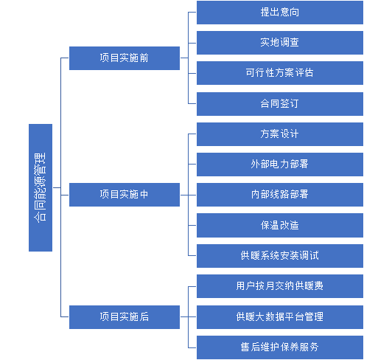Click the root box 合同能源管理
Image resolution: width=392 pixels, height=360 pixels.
click(41, 187)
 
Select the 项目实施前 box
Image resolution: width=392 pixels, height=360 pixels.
click(125, 58)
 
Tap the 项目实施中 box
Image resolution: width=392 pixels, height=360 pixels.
click(125, 195)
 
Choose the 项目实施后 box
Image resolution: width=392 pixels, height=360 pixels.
click(125, 317)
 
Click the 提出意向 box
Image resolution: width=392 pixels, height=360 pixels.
click(280, 13)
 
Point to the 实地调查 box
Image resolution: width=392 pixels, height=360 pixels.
click(280, 43)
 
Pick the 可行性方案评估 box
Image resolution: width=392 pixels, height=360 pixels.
click(280, 73)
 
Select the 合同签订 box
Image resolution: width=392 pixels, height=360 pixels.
click(280, 104)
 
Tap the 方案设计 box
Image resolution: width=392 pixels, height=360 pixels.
click(280, 134)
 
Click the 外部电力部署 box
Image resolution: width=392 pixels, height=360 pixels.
click(280, 165)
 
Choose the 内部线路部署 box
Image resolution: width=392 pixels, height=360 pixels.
click(280, 195)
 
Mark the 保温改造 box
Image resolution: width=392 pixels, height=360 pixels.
click(280, 225)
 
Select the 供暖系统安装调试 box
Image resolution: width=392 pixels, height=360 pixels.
click(280, 256)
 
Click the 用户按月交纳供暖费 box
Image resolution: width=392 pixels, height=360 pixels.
click(280, 286)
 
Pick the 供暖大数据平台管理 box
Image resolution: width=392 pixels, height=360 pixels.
click(280, 317)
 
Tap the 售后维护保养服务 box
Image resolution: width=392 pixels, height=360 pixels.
click(280, 347)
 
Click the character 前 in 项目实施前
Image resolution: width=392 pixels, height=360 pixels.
click(144, 58)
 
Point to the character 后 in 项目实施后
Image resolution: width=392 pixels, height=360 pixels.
click(144, 317)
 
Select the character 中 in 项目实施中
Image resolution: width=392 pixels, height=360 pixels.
click(144, 195)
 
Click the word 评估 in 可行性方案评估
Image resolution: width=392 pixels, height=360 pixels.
click(304, 73)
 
